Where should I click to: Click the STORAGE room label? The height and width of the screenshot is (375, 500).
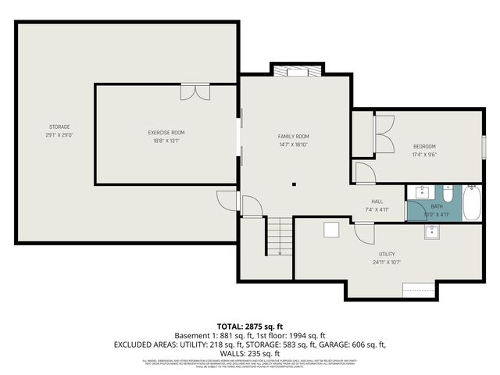59,127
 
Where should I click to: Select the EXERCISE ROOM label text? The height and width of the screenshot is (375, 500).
166,133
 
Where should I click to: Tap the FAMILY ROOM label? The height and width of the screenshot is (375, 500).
295,136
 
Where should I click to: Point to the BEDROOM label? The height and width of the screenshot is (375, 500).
424,147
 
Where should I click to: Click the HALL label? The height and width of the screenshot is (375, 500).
377,201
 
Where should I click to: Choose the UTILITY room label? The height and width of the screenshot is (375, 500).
387,254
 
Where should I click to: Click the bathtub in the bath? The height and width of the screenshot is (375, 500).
472,202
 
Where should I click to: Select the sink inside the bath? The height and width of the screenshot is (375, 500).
421,191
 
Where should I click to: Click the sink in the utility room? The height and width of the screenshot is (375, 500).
432,230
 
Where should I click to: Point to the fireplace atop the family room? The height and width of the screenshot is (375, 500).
296,73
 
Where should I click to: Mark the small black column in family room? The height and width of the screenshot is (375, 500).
294,185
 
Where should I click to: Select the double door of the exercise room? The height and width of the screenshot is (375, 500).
195,92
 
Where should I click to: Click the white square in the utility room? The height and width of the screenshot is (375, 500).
331,229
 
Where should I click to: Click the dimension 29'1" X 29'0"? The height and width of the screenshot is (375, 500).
59,135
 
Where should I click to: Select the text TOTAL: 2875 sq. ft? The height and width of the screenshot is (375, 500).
250,325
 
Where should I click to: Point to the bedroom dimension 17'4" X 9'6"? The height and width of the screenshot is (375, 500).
424,155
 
